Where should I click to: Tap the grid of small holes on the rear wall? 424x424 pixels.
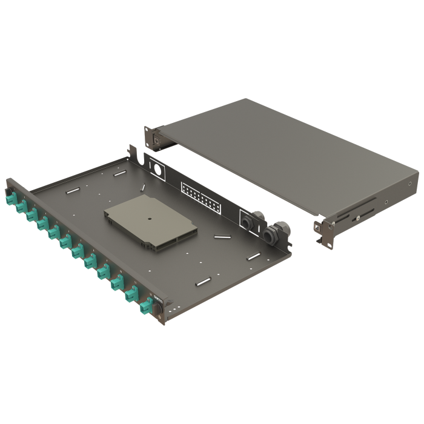[200, 195]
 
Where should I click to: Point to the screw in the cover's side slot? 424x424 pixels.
[357, 216]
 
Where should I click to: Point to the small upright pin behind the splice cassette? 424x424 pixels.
[141, 188]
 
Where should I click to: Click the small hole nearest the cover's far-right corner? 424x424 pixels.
[410, 184]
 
